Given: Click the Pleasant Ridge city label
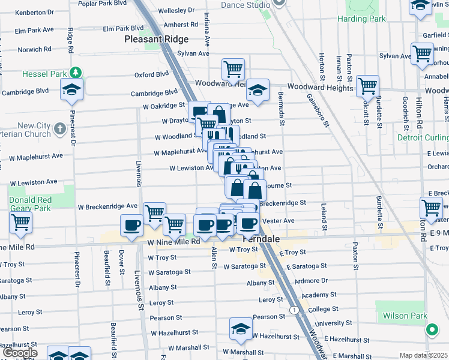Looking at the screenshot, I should pos(156,40).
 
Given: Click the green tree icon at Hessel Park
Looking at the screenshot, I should pos(76,73).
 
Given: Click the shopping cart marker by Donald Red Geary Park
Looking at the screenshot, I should pos(21,223).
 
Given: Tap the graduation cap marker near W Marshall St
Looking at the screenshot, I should pos(241,329).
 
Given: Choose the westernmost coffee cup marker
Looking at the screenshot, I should pos(132,226).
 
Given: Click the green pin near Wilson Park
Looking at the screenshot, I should pos(432,329).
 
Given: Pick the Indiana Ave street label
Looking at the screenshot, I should pos(207,30).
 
